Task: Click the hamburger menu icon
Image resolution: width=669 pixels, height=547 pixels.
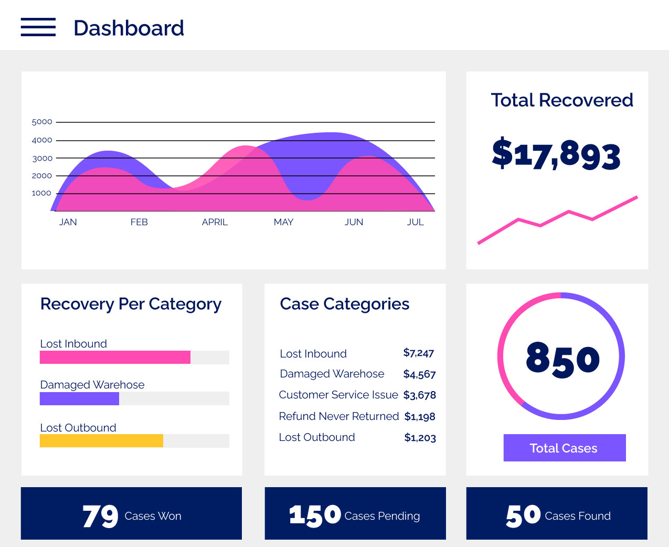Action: (38, 27)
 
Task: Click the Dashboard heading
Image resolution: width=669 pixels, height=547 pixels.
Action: (129, 28)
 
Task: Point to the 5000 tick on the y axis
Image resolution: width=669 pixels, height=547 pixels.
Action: (42, 122)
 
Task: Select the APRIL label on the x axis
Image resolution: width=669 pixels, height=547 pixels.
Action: (215, 222)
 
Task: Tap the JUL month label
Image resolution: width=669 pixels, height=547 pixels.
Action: (415, 222)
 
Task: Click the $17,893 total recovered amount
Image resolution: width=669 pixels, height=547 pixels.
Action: (556, 154)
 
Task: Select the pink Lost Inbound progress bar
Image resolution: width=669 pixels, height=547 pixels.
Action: (115, 357)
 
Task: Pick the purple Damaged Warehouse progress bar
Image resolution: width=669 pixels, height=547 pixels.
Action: (79, 398)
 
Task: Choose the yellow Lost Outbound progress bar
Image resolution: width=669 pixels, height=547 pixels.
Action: (101, 441)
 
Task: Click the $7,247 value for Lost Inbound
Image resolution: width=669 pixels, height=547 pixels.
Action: (419, 353)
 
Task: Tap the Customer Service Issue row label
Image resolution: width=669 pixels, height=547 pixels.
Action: (338, 395)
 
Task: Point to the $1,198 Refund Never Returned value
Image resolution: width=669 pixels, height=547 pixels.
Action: (420, 417)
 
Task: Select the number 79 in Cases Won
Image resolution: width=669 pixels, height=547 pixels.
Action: (100, 516)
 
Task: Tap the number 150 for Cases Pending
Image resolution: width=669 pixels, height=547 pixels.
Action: (315, 516)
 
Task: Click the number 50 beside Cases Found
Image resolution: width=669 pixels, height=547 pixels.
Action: (523, 516)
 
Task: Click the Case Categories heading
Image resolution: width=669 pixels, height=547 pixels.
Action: (345, 304)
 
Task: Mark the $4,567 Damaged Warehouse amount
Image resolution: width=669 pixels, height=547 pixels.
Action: (419, 374)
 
